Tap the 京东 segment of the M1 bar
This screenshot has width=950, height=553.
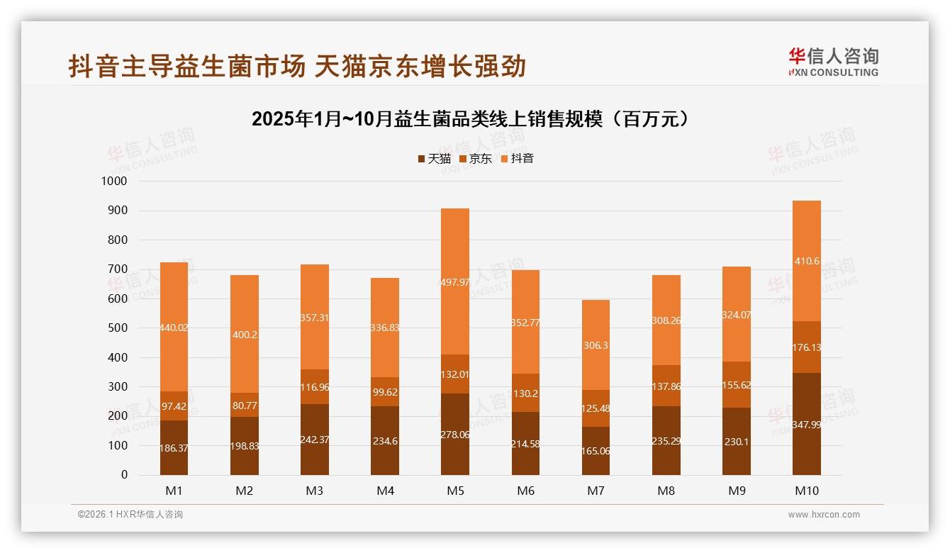(x=174, y=406)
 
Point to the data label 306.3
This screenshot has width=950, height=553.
(x=596, y=345)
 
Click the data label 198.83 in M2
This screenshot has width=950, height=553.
(x=244, y=448)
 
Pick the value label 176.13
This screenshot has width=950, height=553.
(x=807, y=347)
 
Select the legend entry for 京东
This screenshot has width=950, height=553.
(x=476, y=159)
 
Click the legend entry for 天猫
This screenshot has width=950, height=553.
(x=434, y=159)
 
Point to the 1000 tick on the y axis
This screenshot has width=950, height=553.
(x=114, y=181)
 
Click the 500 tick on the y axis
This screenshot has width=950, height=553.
(x=118, y=328)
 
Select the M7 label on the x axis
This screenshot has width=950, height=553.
(x=596, y=491)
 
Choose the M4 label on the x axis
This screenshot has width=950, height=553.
(x=385, y=491)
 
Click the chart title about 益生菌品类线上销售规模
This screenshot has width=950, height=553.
(x=471, y=119)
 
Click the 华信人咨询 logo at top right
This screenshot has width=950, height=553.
(x=834, y=62)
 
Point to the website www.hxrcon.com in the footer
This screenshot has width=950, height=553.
(x=824, y=515)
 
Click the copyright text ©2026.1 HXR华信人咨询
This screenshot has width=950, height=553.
(x=130, y=515)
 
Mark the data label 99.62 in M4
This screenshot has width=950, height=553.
(x=385, y=391)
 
